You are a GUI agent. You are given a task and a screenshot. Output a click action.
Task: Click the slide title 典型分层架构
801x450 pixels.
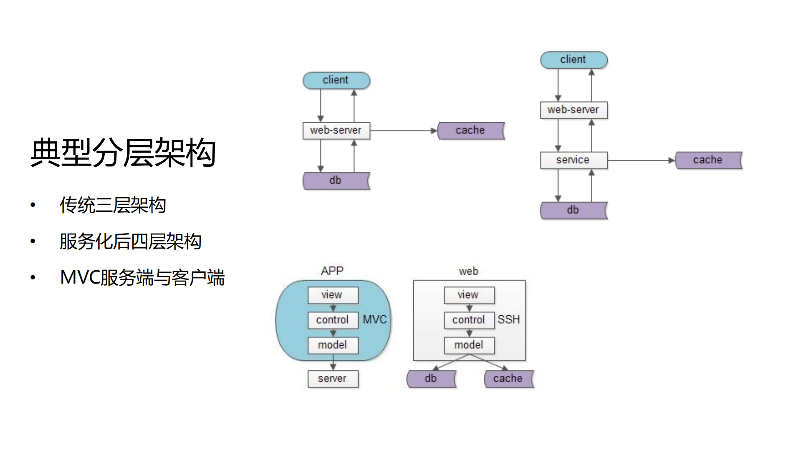(123, 153)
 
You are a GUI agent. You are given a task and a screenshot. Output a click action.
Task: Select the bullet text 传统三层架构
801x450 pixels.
(113, 205)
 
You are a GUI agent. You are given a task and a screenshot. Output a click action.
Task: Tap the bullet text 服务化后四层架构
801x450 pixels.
(130, 241)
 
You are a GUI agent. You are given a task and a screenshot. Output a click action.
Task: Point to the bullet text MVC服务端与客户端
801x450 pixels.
(142, 278)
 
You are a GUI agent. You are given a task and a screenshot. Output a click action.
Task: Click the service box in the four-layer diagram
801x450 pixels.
(573, 160)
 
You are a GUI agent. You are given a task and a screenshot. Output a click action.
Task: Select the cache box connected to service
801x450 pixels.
(708, 160)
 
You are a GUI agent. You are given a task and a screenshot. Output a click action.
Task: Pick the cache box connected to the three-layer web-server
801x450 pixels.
(470, 131)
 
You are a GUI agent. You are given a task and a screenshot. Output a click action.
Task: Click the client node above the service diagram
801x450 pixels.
(574, 60)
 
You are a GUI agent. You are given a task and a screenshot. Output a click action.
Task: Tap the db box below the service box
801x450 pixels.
(573, 210)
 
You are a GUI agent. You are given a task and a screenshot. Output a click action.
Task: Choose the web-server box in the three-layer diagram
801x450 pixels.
(336, 131)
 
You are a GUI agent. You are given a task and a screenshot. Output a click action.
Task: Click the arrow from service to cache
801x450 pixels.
(641, 160)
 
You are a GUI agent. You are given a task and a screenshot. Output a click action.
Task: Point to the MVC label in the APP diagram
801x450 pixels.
(374, 320)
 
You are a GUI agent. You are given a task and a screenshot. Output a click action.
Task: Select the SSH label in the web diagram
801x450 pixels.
(508, 320)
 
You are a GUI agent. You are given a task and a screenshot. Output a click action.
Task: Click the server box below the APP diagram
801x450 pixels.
(333, 379)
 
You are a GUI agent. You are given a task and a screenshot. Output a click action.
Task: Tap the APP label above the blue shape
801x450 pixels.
(332, 271)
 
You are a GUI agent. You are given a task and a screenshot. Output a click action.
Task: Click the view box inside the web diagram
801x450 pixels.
(469, 295)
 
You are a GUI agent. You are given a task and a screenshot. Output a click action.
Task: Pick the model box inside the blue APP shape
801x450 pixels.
(333, 345)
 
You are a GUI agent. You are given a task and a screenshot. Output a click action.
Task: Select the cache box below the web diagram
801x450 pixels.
(508, 379)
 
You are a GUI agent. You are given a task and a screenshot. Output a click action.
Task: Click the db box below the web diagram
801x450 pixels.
(431, 379)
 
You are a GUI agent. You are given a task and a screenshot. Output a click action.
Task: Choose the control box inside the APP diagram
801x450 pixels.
(333, 320)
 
